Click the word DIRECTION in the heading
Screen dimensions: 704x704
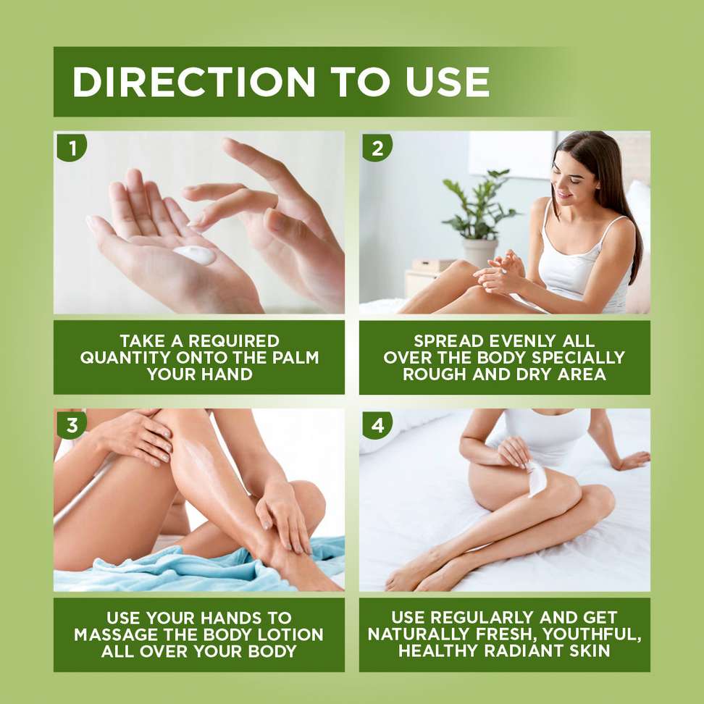coord(193,82)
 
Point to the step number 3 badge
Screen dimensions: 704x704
coord(72,424)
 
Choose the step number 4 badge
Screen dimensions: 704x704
coord(377,424)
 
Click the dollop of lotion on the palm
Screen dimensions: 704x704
coord(196,254)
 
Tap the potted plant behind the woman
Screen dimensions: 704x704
coord(479,206)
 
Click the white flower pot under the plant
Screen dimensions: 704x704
coord(479,251)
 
